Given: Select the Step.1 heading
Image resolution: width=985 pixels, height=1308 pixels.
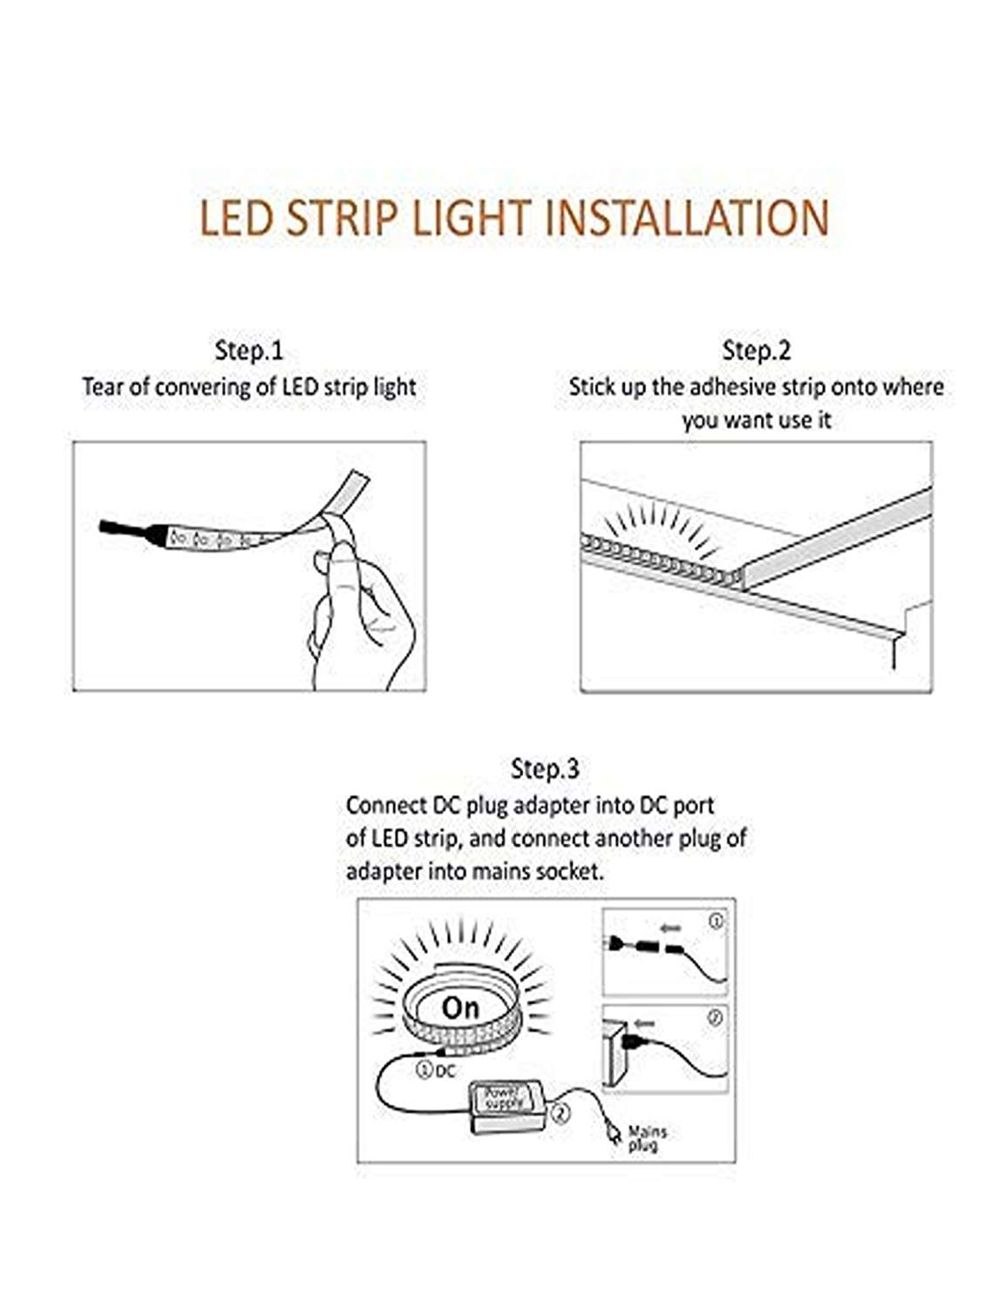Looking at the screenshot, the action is (249, 351).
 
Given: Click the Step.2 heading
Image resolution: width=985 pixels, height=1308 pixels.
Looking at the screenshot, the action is (757, 351).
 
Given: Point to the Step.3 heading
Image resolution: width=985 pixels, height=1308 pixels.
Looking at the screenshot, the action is (544, 769).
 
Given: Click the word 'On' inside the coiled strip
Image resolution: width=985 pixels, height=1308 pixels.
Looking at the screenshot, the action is (459, 1008).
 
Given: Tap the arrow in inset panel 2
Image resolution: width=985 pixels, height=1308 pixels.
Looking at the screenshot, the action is (644, 1024).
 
